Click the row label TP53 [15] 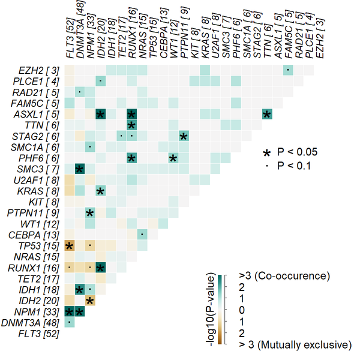click(x=37, y=245)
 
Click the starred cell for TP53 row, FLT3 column click(x=69, y=245)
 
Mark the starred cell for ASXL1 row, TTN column click(x=266, y=114)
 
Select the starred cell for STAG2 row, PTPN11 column click(x=184, y=136)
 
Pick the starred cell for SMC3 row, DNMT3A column click(x=80, y=169)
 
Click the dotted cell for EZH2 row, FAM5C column click(x=288, y=70)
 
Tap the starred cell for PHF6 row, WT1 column click(x=173, y=158)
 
